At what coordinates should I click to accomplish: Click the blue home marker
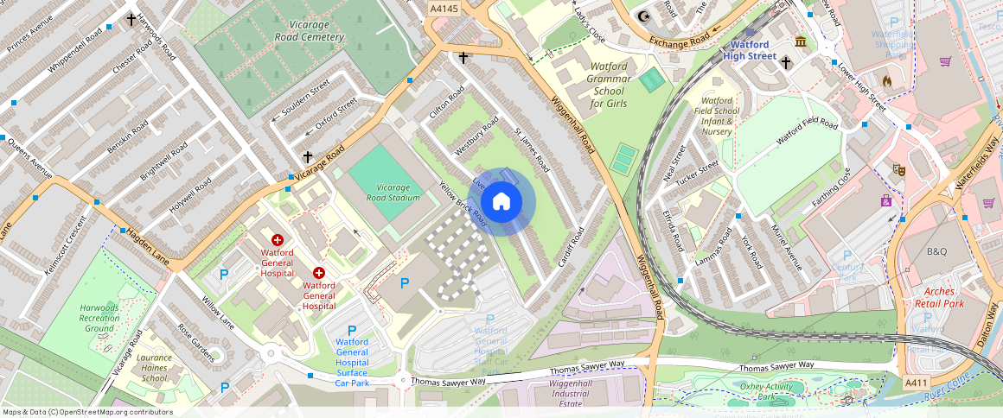click(x=501, y=202)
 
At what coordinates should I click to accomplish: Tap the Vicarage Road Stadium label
click(x=399, y=192)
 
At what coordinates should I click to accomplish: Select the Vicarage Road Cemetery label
click(x=309, y=31)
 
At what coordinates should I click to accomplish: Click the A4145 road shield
click(x=444, y=8)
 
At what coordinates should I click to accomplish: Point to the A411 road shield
click(x=916, y=382)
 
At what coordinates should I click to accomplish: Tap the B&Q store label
click(x=937, y=251)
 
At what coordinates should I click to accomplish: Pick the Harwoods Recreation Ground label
click(x=99, y=317)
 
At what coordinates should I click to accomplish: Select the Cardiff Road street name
click(x=572, y=246)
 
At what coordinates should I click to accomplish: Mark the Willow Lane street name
click(x=217, y=313)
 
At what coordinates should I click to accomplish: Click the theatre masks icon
click(x=899, y=171)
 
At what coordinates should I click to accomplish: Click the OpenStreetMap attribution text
click(x=86, y=412)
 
